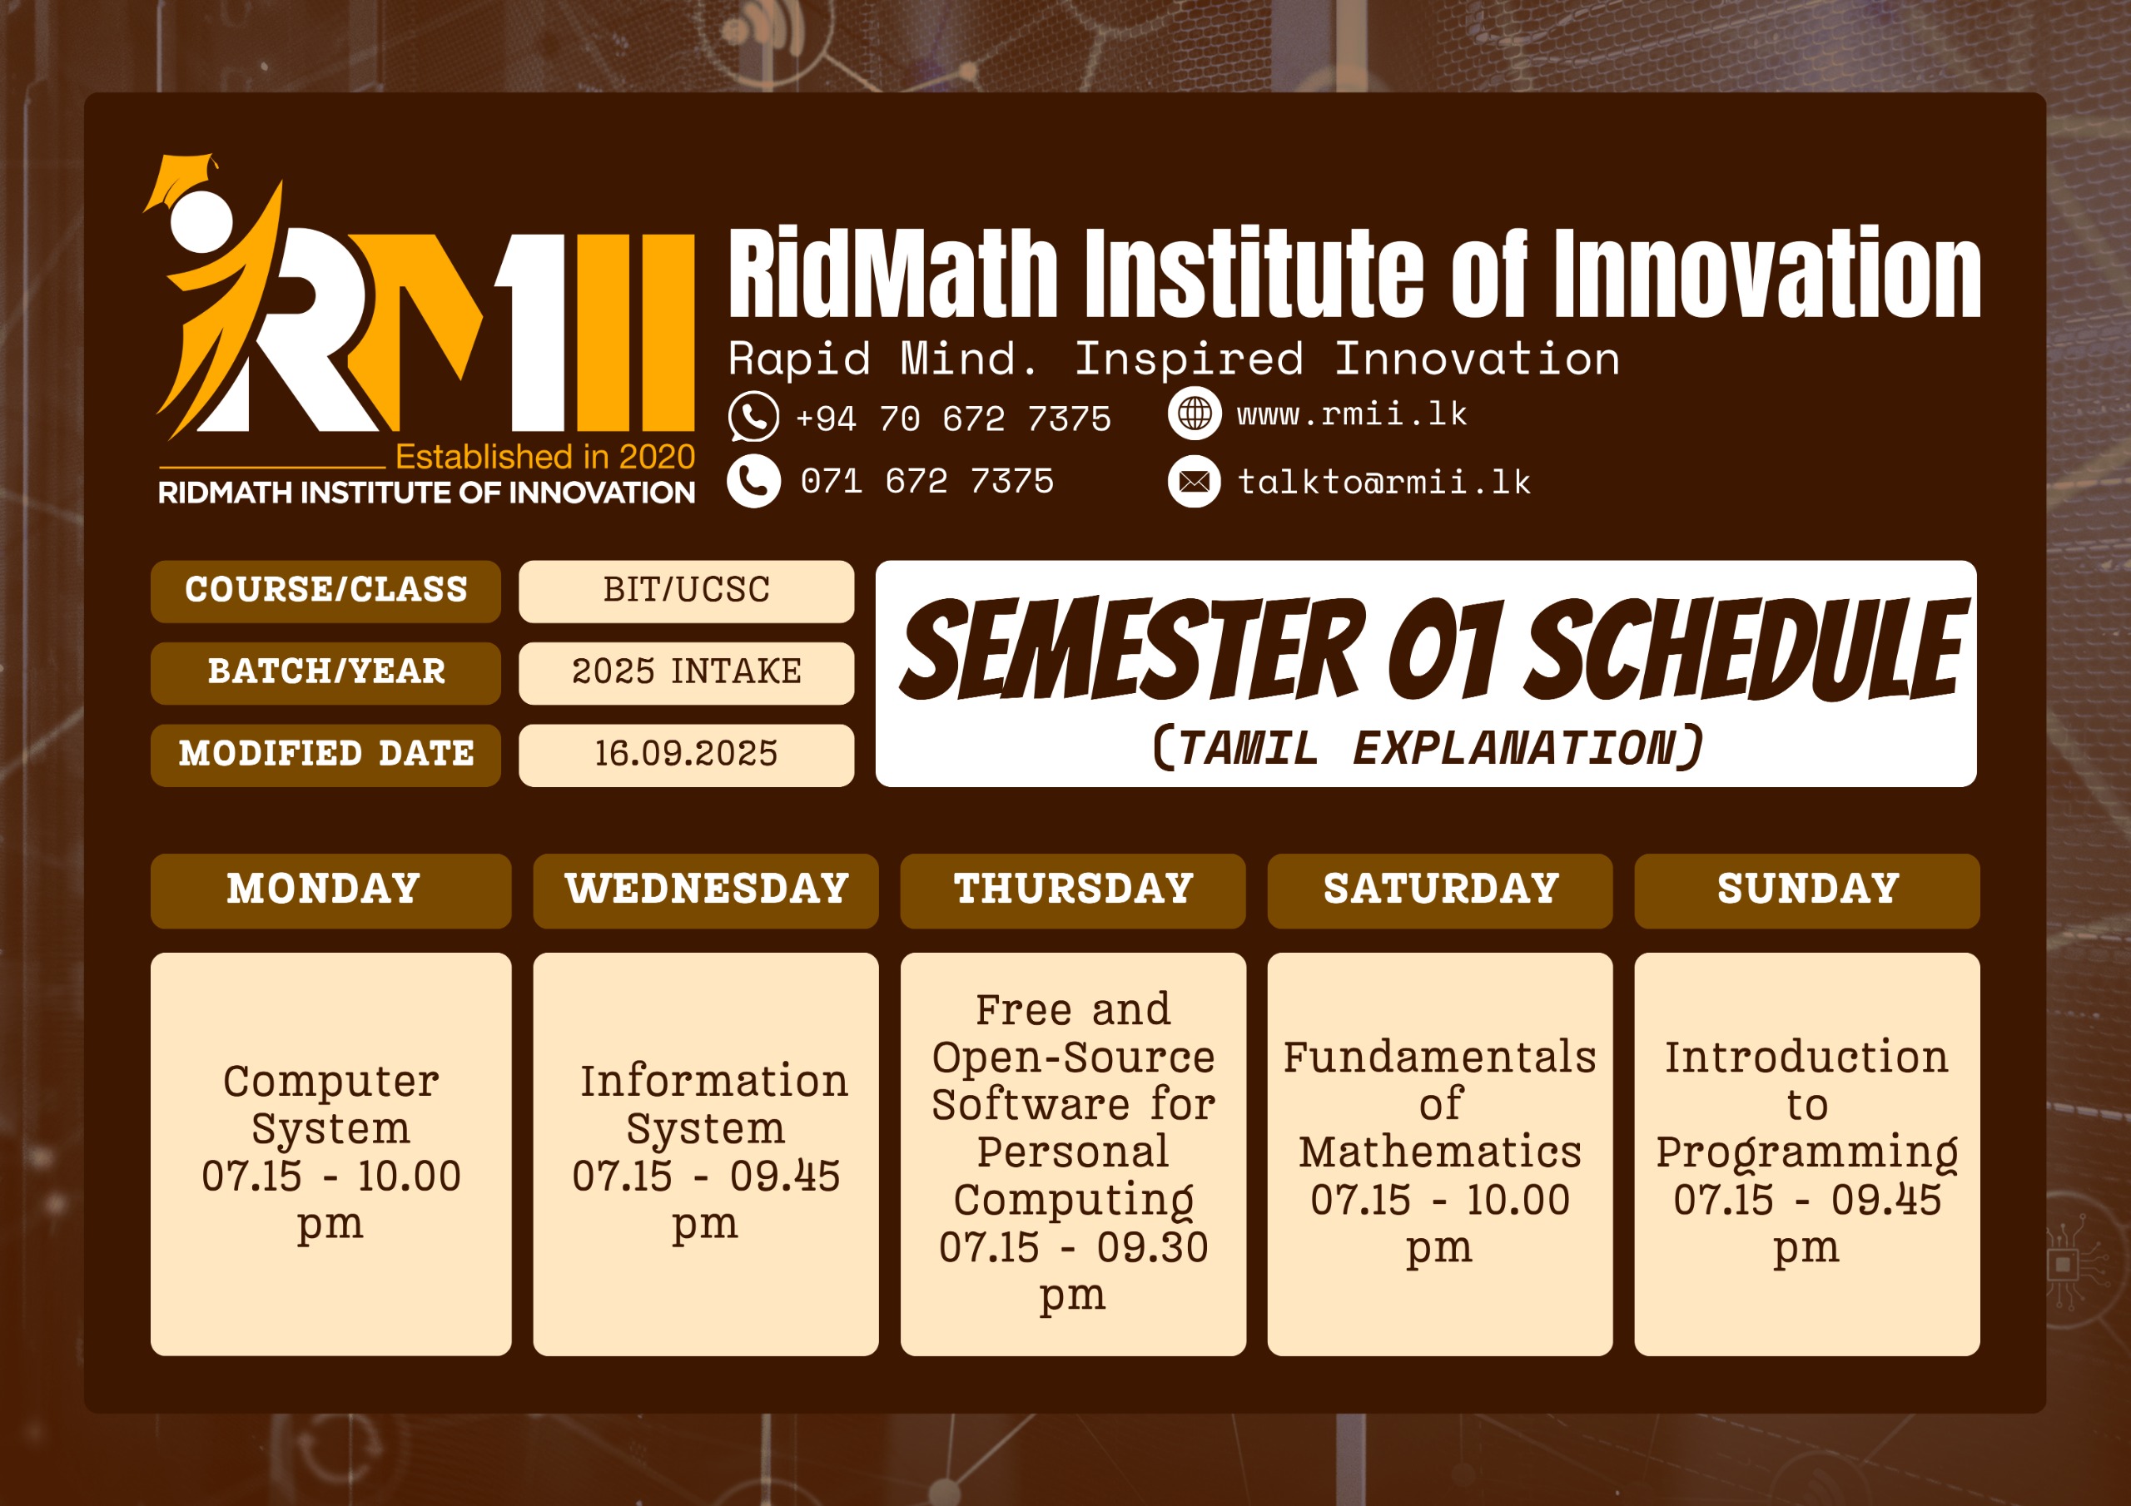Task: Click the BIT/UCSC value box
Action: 686,591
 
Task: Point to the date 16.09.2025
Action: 686,755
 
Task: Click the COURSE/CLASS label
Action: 325,591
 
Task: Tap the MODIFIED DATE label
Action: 325,755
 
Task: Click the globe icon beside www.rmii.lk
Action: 1194,413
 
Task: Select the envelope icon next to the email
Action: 1194,482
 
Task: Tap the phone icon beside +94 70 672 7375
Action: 753,417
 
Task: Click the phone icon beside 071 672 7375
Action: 753,481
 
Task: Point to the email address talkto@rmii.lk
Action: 1383,483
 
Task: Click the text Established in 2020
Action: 544,458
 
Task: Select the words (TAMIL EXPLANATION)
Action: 1427,748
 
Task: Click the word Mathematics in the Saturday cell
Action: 1439,1152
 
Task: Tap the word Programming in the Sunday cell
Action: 1806,1152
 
